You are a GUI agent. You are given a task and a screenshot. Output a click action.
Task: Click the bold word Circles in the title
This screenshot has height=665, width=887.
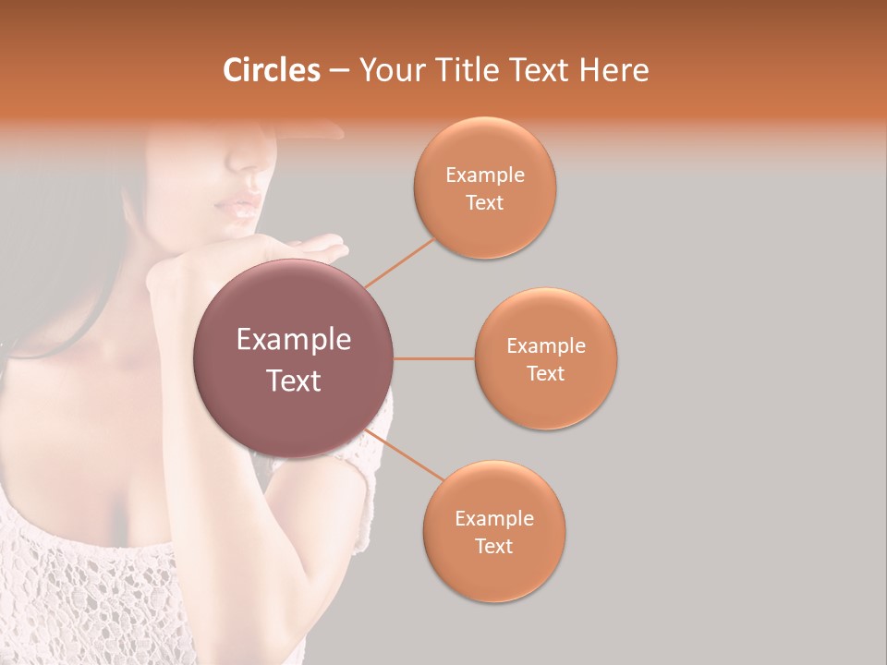click(272, 70)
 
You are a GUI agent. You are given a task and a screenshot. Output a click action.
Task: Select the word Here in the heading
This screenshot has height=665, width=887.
click(614, 70)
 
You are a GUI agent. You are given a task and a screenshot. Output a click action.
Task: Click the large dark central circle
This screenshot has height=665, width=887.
click(293, 358)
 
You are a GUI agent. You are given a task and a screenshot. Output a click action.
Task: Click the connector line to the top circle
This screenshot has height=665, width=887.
click(399, 261)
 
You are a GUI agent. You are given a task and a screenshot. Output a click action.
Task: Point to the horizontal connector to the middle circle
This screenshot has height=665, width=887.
click(433, 358)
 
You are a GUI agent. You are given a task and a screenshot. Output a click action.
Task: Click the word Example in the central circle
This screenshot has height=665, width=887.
click(293, 340)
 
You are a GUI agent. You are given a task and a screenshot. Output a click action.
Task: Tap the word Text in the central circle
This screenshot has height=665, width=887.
click(293, 381)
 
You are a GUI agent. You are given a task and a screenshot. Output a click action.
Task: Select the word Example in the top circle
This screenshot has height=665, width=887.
click(484, 175)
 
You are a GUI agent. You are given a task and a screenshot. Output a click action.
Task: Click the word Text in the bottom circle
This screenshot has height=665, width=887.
click(493, 546)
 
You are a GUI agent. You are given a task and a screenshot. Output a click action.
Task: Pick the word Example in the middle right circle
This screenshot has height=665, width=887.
click(545, 346)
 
